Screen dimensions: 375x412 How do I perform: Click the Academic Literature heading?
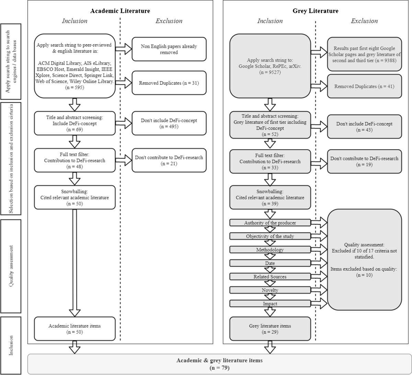pyautogui.click(x=120, y=11)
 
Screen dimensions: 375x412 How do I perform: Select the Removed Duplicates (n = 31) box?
pyautogui.click(x=169, y=83)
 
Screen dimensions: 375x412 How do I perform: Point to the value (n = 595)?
pyautogui.click(x=74, y=88)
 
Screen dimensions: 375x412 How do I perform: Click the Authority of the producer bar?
pyautogui.click(x=270, y=223)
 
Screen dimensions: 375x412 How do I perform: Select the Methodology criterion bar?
pyautogui.click(x=270, y=250)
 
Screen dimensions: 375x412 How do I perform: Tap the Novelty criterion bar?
pyautogui.click(x=270, y=290)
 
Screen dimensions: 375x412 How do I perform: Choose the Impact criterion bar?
pyautogui.click(x=270, y=304)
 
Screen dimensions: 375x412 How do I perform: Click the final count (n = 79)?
pyautogui.click(x=219, y=368)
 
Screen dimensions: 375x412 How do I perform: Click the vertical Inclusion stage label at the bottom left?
pyautogui.click(x=11, y=345)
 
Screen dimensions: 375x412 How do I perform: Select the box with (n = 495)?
pyautogui.click(x=169, y=123)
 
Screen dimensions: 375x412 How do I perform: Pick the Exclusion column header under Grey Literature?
pyautogui.click(x=364, y=21)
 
